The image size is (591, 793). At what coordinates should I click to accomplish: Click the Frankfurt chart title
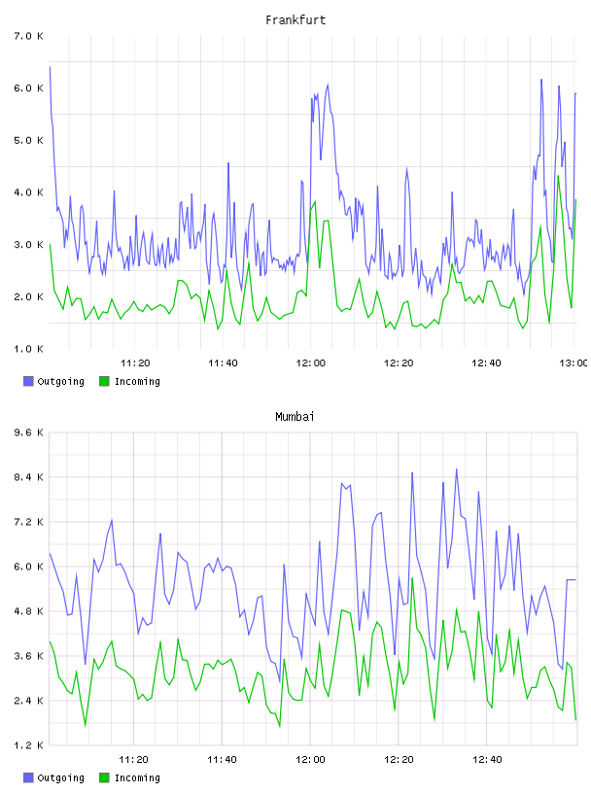coord(295,19)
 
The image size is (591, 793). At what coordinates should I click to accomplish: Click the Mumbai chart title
coord(295,416)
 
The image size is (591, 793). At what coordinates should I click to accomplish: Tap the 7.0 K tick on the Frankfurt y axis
coord(28,36)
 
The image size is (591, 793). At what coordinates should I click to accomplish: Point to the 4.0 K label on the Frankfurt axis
coord(28,192)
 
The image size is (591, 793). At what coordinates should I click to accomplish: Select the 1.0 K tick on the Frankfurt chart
coord(28,349)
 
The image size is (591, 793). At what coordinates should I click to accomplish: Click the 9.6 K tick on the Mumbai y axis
coord(28,432)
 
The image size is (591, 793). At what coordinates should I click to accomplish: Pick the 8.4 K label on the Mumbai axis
coord(28,477)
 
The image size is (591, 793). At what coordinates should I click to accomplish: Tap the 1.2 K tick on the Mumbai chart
coord(28,745)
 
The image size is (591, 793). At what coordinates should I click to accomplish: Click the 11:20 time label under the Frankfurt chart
coord(135,362)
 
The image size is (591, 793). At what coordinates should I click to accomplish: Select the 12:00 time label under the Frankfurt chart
coord(311,362)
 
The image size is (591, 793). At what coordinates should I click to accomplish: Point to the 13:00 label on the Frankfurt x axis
coord(574,362)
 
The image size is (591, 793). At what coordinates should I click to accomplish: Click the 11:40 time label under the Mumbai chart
coord(222,759)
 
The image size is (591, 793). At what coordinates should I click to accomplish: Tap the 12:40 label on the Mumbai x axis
coord(486,759)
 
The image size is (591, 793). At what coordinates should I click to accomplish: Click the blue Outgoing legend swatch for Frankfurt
coord(28,381)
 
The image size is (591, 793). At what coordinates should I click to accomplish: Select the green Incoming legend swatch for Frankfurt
coord(104,381)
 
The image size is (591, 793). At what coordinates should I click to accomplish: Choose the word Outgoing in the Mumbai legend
coord(60,777)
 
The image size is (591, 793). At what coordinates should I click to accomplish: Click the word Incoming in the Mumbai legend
coord(137,777)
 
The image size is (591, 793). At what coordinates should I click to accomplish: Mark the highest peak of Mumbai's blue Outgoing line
coord(457,468)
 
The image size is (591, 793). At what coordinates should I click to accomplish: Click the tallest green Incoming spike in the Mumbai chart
coord(412,577)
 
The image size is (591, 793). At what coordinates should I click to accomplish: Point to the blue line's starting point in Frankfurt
coord(50,66)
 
